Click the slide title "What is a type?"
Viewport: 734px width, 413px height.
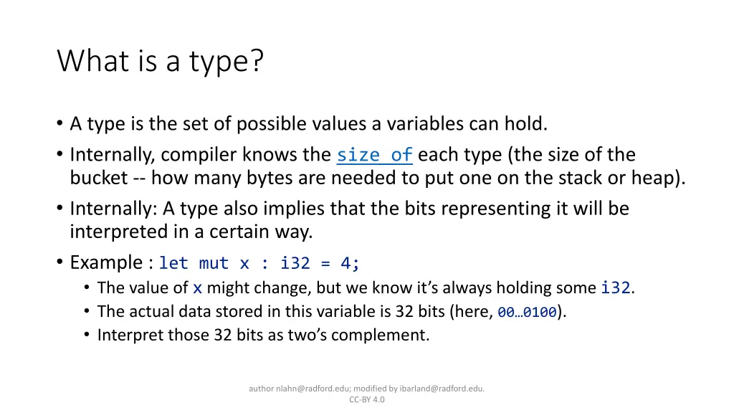[x=161, y=62]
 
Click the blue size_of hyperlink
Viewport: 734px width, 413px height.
[x=374, y=155]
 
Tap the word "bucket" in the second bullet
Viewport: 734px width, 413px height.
[x=98, y=178]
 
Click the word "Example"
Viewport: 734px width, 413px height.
[x=106, y=262]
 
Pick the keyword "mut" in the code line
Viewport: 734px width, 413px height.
[x=214, y=263]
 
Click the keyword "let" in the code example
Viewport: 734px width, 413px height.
[x=173, y=263]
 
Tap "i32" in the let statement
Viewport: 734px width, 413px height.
[x=295, y=263]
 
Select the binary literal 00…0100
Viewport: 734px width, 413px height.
[x=527, y=312]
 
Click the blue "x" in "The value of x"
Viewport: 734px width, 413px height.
[x=197, y=288]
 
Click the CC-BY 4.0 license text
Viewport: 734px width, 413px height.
[x=367, y=400]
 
